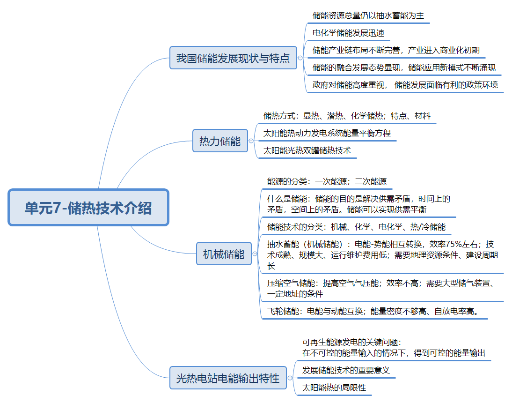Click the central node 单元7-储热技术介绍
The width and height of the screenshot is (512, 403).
88,208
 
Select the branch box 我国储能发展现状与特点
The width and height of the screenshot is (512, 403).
233,58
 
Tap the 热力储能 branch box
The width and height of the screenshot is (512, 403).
220,141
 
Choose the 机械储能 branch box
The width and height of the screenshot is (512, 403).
223,254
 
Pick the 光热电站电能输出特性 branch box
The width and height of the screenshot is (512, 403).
227,378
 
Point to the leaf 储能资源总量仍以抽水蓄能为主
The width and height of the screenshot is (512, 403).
368,15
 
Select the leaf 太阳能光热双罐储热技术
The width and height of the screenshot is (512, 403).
307,151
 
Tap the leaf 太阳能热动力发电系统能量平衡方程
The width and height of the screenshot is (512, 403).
327,133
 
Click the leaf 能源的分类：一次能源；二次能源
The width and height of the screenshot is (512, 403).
327,181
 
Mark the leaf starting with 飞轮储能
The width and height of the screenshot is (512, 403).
373,311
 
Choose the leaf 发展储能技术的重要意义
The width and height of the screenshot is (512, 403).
346,370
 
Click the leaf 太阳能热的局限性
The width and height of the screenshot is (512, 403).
334,388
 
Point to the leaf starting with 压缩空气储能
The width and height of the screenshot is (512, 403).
381,289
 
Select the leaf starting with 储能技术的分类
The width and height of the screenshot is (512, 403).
356,227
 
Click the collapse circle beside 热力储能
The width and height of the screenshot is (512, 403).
251,141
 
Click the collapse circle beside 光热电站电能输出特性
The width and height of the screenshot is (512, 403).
290,378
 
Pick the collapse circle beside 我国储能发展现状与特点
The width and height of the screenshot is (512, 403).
300,58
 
